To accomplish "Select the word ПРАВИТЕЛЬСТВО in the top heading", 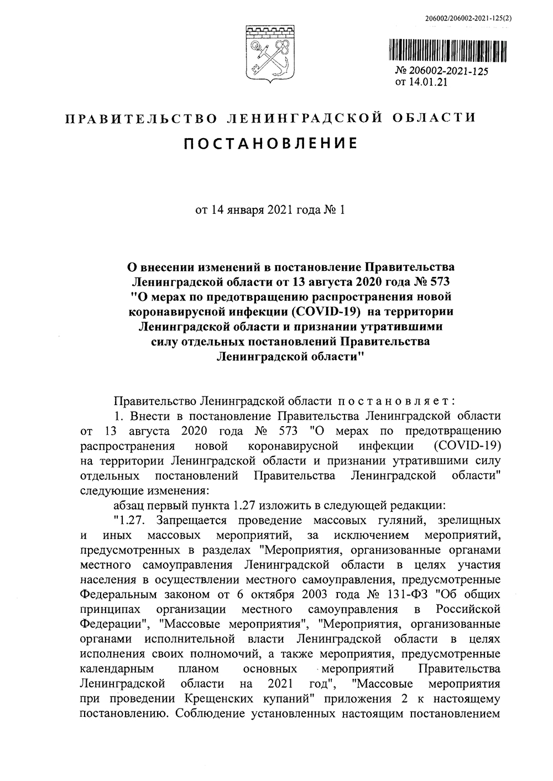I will [140, 118].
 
